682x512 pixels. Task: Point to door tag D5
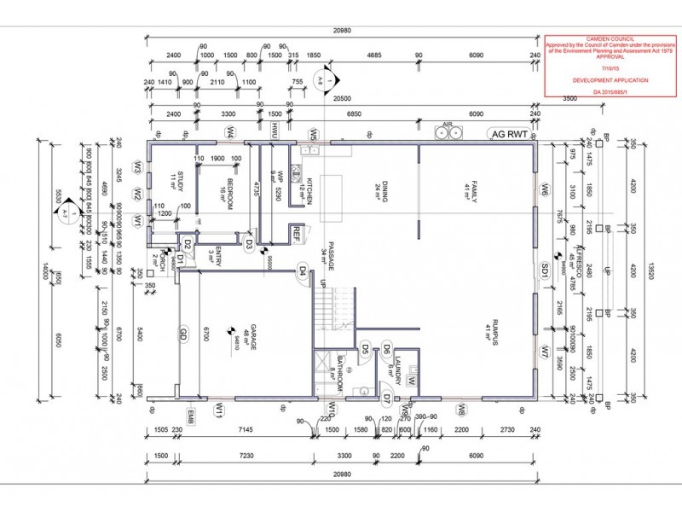pos(364,346)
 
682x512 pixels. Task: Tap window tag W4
pos(230,132)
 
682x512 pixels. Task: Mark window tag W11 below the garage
pos(218,410)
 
